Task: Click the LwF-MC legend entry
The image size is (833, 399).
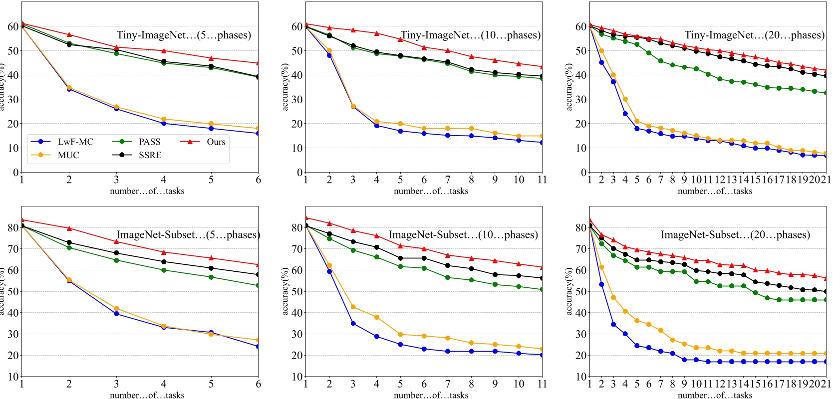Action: tap(75, 142)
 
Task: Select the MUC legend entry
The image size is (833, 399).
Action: tap(68, 155)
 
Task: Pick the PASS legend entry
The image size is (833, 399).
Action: tap(149, 142)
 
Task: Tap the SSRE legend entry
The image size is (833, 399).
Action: tap(150, 155)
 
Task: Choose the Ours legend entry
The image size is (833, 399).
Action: tap(216, 142)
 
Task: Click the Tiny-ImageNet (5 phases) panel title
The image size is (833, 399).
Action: tap(184, 35)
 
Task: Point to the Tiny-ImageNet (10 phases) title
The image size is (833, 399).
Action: tap(471, 35)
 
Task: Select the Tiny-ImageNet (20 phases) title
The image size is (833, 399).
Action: tap(754, 35)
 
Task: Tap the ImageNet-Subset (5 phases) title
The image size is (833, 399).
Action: tap(188, 235)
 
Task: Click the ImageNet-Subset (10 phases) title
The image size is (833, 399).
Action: tap(463, 235)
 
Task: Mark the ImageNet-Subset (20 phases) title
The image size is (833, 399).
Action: tap(735, 235)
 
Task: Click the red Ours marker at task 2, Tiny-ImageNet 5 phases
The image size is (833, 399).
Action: tap(69, 34)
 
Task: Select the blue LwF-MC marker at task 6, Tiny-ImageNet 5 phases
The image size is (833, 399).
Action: tap(258, 133)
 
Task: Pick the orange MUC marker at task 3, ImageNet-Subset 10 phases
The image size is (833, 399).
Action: tap(353, 307)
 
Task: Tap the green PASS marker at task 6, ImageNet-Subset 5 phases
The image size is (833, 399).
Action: tap(258, 285)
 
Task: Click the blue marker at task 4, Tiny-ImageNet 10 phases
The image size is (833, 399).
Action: tap(376, 126)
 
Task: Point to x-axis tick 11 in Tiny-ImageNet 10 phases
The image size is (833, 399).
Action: tap(542, 180)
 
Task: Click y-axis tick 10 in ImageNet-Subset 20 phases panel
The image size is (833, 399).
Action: tap(580, 377)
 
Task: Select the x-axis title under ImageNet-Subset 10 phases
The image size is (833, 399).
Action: tap(431, 395)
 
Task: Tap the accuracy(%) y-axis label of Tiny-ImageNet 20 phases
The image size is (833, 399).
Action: tap(568, 87)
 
